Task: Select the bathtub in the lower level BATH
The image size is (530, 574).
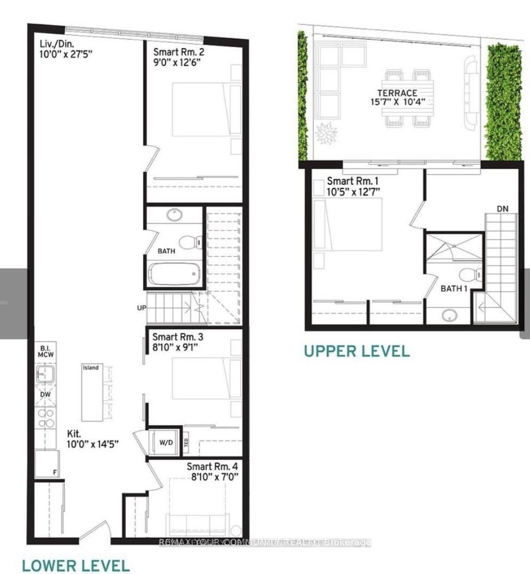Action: [173, 275]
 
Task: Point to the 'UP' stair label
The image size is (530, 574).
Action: [141, 309]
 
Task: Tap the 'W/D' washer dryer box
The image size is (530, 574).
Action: [166, 443]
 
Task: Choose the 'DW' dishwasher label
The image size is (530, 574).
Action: [46, 394]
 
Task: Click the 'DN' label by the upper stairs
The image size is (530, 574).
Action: [502, 208]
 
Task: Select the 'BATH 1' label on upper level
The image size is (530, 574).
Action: [454, 289]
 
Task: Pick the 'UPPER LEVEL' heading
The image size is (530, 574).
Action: [356, 352]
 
